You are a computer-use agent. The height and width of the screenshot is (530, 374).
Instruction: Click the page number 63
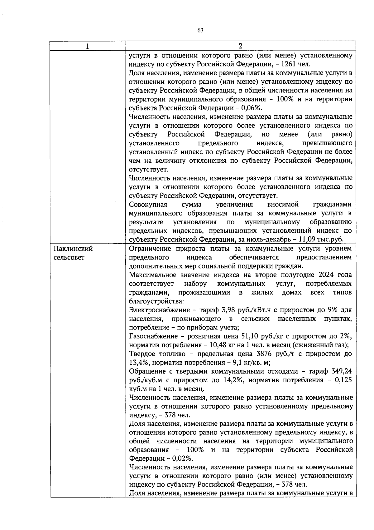click(200, 30)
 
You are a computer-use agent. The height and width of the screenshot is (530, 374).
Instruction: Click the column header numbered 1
click(88, 46)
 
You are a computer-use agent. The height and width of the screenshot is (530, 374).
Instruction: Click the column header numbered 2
click(240, 46)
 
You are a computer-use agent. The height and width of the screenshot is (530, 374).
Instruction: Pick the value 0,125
click(343, 380)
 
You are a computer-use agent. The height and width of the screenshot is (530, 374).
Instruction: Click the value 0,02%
click(182, 458)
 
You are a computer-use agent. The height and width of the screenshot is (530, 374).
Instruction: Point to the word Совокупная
click(148, 205)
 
